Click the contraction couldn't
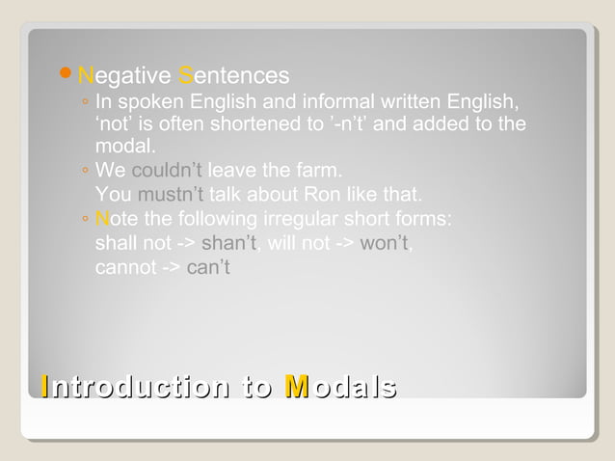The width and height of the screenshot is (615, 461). click(167, 172)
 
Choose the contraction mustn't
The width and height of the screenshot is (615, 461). click(171, 195)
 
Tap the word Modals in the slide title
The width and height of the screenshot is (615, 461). click(341, 388)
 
